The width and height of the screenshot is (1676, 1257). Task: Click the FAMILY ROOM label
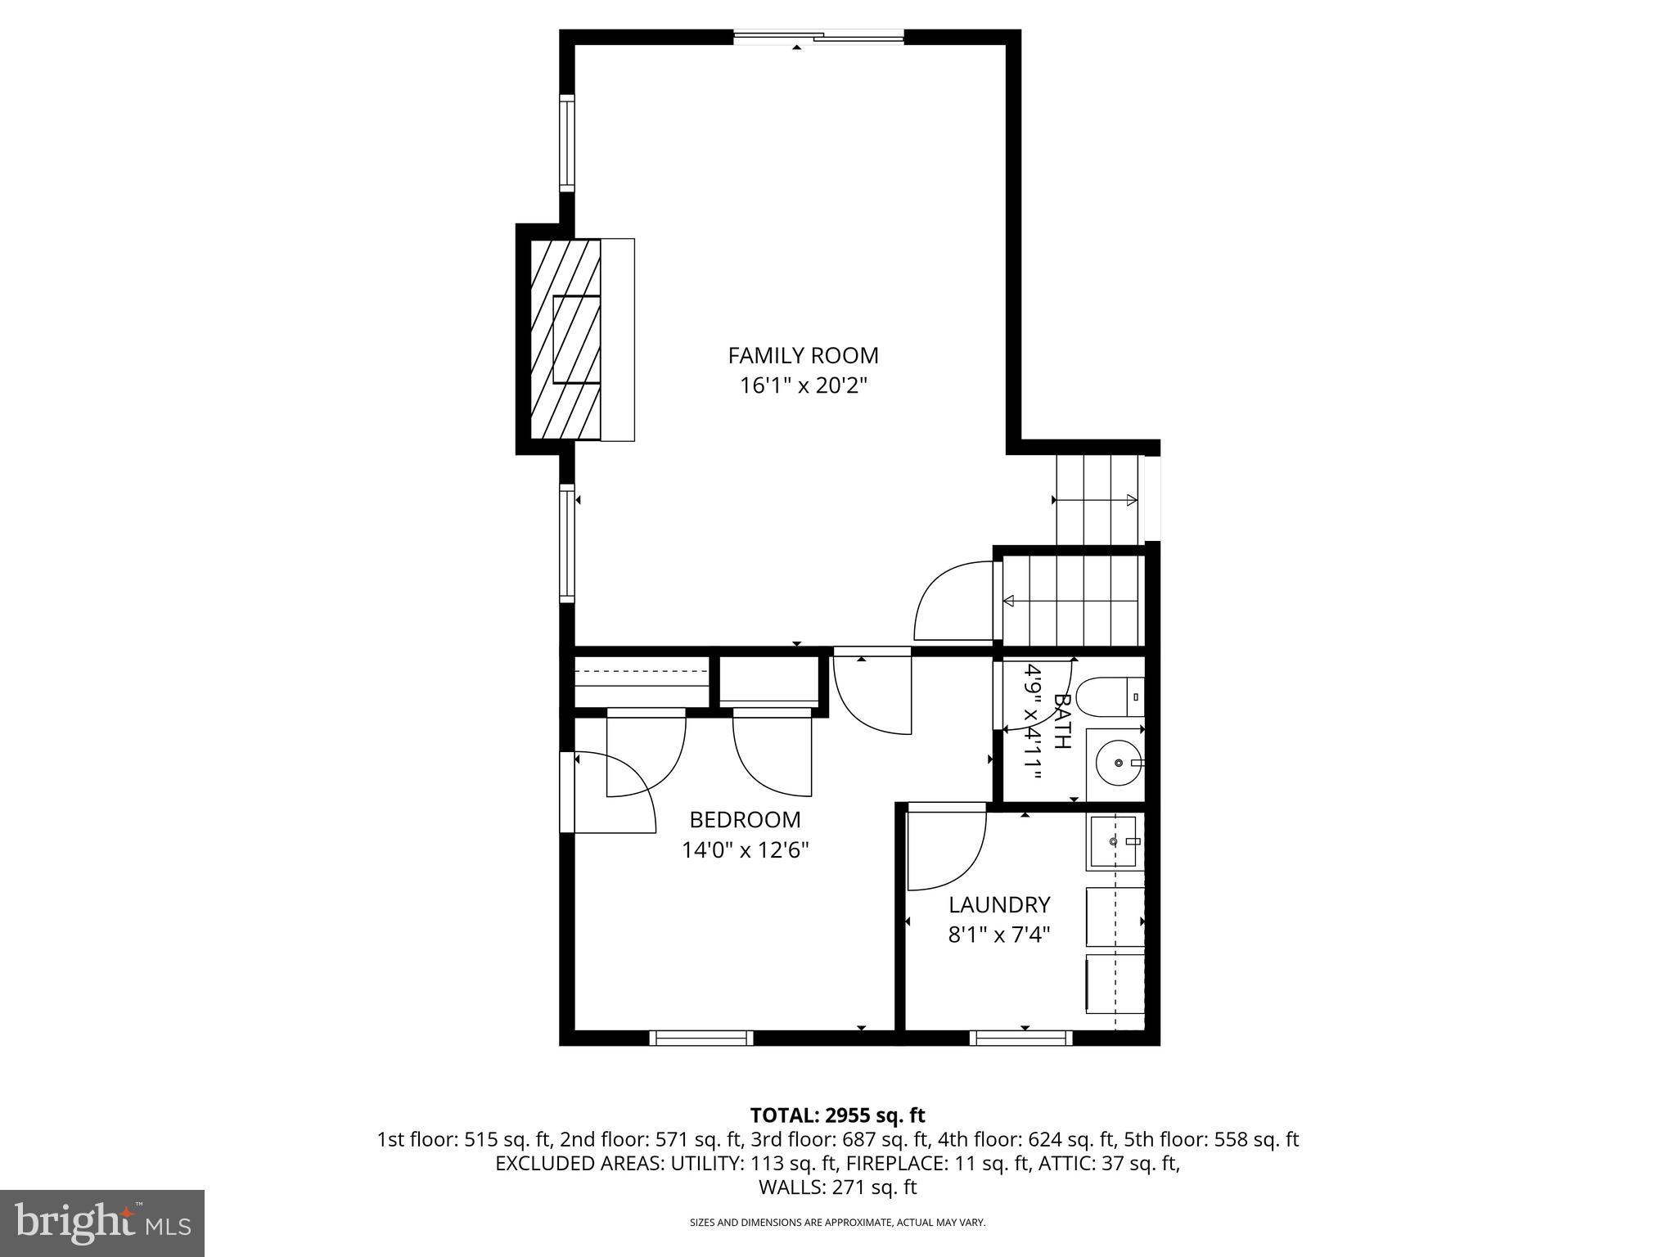803,355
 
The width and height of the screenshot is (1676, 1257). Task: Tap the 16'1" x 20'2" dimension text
803,385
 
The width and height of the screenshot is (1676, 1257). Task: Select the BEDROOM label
745,819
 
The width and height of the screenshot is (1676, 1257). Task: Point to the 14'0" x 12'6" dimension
745,850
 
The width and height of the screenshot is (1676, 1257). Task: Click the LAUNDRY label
998,904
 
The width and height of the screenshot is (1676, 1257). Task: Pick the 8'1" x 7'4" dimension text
998,935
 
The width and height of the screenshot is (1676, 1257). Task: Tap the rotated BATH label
1061,721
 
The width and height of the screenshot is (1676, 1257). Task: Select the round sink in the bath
1117,762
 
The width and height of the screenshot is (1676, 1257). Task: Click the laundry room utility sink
1112,841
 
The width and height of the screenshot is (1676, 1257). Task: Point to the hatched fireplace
565,339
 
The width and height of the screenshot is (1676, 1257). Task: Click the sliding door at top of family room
818,36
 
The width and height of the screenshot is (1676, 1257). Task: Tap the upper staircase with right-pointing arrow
1097,499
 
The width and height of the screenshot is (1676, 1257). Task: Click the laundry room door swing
945,849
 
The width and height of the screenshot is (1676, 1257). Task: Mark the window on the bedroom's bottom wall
701,1038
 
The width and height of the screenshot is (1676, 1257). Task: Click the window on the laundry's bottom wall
1020,1038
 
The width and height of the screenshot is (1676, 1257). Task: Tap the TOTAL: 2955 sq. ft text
837,1115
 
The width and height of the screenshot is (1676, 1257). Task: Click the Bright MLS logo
101,1223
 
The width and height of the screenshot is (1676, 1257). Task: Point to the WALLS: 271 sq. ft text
837,1187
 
